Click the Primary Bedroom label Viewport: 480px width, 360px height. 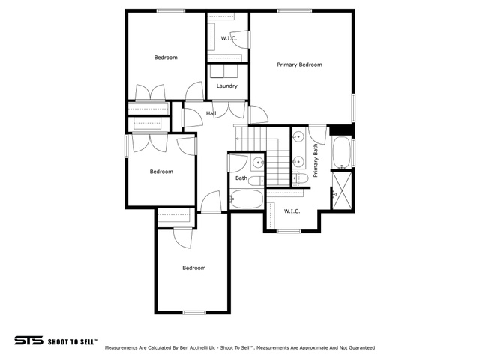coord(299,64)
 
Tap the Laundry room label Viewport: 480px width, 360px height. coord(226,85)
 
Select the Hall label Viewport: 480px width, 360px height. coord(211,113)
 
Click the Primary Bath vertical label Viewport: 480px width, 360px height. coord(315,160)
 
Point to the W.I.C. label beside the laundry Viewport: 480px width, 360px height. coord(229,38)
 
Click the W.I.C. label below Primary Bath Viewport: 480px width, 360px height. coord(292,211)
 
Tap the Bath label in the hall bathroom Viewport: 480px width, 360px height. coord(241,178)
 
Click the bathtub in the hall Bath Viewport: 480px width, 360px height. coord(247,199)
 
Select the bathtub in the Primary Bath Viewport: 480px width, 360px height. coord(342,152)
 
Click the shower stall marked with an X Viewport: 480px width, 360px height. coord(342,190)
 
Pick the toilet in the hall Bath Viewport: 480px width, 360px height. coord(256,181)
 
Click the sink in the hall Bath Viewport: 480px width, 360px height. coord(258,162)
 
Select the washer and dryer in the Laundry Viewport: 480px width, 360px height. coord(223,71)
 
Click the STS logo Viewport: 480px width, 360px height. coord(28,340)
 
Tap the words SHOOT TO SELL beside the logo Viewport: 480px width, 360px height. coord(73,341)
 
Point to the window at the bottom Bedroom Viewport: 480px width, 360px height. coord(194,312)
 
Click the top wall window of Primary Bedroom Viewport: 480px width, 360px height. coord(295,11)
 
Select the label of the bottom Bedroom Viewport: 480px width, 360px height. coord(194,268)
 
